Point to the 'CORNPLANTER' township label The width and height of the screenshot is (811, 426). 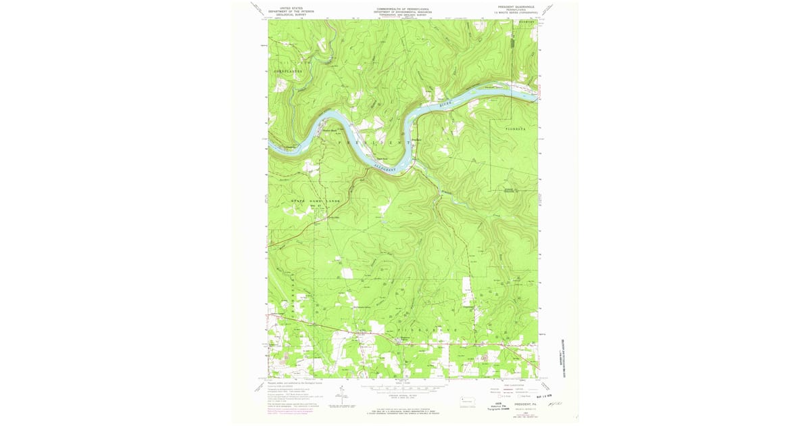pyautogui.click(x=284, y=70)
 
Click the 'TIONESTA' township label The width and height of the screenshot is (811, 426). pyautogui.click(x=519, y=128)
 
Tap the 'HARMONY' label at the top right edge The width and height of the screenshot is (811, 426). pyautogui.click(x=526, y=22)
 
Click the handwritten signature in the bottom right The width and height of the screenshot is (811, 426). pyautogui.click(x=556, y=403)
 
